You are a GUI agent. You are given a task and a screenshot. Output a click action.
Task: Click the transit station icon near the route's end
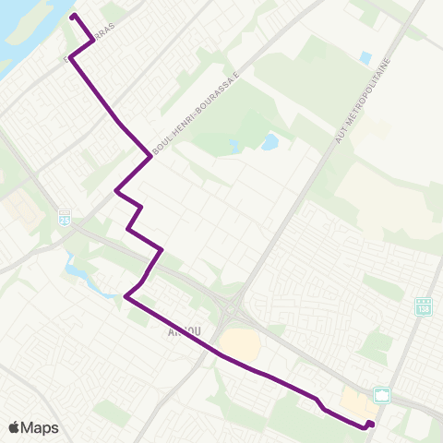382,395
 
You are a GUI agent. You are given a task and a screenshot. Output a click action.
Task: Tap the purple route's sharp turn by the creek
126,296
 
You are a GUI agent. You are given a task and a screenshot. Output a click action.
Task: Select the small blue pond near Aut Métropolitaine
365,58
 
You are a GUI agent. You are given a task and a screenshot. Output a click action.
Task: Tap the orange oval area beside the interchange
240,347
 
